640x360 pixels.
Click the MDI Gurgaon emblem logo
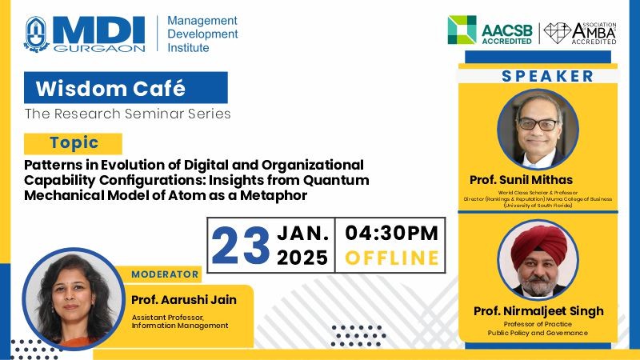click(x=37, y=34)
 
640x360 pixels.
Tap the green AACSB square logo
click(x=462, y=30)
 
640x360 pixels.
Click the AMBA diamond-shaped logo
click(x=558, y=33)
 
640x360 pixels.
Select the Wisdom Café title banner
click(x=126, y=87)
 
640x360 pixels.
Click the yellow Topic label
click(x=73, y=144)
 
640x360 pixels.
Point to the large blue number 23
click(x=241, y=246)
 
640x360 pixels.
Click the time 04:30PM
click(x=391, y=233)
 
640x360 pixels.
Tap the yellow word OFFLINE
click(x=392, y=258)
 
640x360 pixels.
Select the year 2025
click(x=302, y=258)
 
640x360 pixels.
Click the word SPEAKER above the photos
click(x=547, y=76)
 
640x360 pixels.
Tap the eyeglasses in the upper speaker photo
click(x=538, y=124)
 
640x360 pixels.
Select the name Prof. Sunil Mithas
click(x=521, y=180)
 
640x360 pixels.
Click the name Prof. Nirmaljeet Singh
click(x=538, y=311)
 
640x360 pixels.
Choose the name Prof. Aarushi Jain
click(x=184, y=300)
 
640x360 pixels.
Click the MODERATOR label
click(x=165, y=274)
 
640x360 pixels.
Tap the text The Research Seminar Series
click(x=127, y=114)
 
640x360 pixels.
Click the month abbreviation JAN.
click(x=303, y=234)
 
